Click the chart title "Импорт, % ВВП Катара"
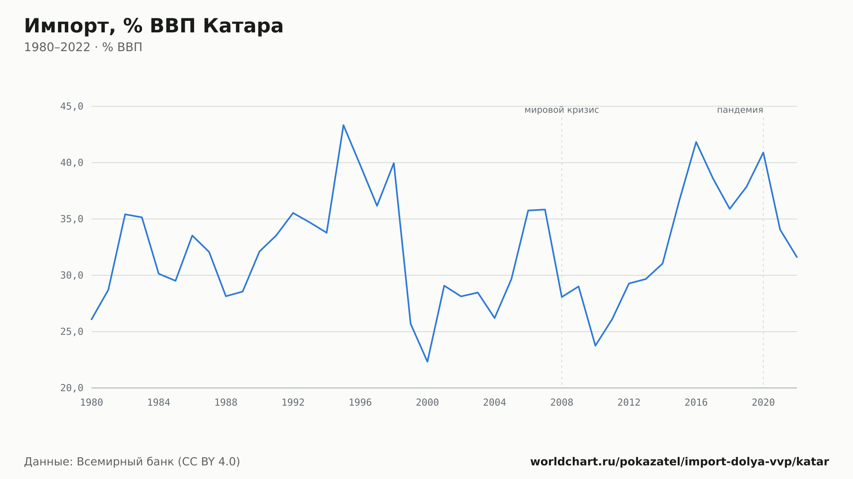click(x=154, y=26)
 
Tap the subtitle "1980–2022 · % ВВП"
click(x=83, y=47)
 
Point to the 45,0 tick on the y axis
click(x=72, y=107)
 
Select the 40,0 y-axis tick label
click(x=72, y=163)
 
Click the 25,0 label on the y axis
click(x=72, y=332)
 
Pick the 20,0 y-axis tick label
click(x=72, y=388)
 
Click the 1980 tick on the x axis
click(x=92, y=403)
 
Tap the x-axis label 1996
click(x=360, y=403)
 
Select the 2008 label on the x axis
click(x=562, y=403)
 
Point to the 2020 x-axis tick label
click(x=763, y=403)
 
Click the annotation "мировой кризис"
click(x=562, y=110)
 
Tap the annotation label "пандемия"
click(x=740, y=110)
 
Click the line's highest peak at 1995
click(x=343, y=125)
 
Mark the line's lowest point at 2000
click(x=427, y=362)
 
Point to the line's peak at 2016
click(x=696, y=142)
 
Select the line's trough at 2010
click(x=595, y=346)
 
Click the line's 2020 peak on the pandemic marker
click(x=763, y=152)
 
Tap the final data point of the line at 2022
click(x=797, y=257)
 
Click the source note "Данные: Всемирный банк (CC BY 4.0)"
click(x=132, y=462)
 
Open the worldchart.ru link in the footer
click(x=679, y=462)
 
